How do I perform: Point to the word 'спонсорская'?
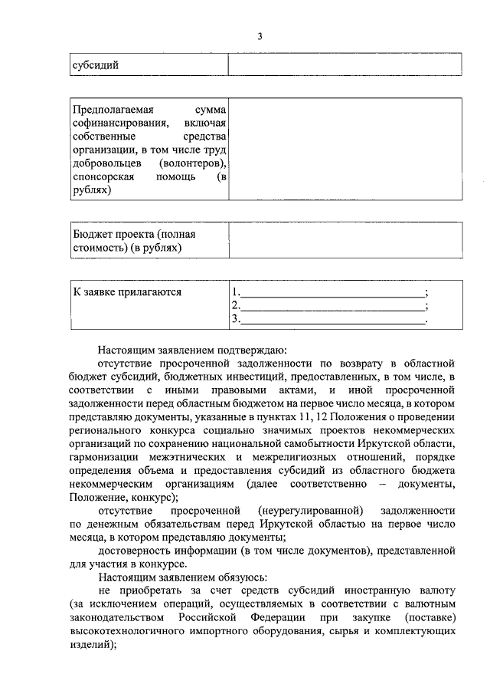tap(103, 177)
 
